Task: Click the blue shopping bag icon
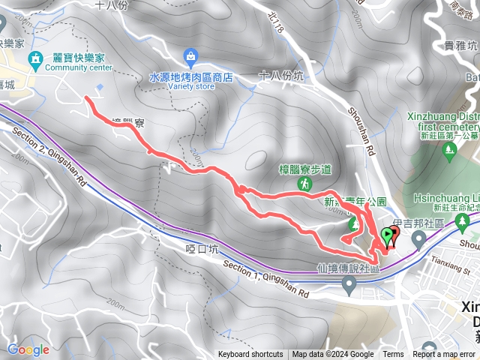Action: tap(191, 56)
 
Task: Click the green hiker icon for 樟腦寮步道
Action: tap(306, 182)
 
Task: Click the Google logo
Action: tap(28, 349)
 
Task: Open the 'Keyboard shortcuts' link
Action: tap(250, 355)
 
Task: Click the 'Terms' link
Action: tap(393, 355)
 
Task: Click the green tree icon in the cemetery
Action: tap(450, 151)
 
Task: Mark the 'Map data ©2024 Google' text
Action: tap(333, 355)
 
